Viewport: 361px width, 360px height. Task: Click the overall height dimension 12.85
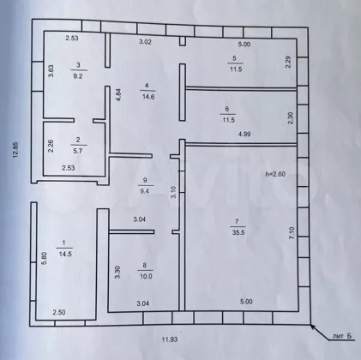click(x=16, y=150)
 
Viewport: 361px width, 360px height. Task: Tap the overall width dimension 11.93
click(x=170, y=339)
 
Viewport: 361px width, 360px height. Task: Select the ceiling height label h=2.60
click(x=275, y=174)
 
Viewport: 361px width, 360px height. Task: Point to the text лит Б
click(x=342, y=336)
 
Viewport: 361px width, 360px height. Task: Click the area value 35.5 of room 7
click(x=238, y=232)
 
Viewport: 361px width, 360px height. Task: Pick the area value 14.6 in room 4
click(x=148, y=97)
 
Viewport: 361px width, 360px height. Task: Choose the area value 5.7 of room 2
click(x=78, y=151)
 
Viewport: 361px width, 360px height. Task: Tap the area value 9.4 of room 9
click(x=144, y=191)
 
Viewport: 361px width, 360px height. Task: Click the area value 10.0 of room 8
click(x=146, y=276)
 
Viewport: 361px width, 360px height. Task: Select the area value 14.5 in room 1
click(x=65, y=254)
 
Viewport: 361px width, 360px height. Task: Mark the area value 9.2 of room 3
click(x=78, y=76)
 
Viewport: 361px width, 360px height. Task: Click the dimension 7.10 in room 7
click(x=292, y=233)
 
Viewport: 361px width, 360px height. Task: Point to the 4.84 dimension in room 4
click(x=119, y=95)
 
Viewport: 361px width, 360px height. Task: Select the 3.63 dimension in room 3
click(x=51, y=71)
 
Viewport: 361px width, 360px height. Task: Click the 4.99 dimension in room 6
click(x=244, y=134)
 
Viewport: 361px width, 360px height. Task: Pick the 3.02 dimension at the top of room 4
click(x=145, y=42)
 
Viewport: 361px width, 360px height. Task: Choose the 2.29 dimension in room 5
click(x=288, y=62)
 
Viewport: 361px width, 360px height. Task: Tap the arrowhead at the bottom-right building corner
click(x=313, y=327)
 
